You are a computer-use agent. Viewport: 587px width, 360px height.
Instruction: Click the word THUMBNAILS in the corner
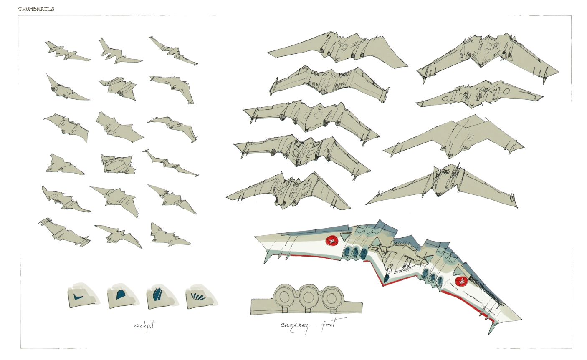36,9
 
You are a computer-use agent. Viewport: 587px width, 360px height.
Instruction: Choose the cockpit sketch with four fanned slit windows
200,297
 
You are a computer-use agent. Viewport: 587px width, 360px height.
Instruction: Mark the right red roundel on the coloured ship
461,281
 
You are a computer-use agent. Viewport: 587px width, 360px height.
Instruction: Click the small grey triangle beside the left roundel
344,237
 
